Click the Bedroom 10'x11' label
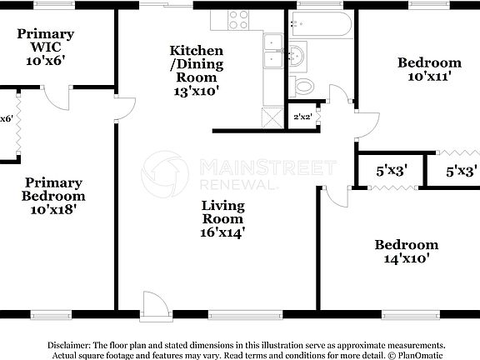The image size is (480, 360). click(x=428, y=70)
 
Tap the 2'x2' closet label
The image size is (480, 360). click(x=302, y=117)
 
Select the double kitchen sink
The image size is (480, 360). click(x=273, y=52)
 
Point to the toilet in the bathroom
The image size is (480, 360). click(x=305, y=84)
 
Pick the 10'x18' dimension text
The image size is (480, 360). click(x=52, y=211)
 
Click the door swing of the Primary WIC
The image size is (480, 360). click(x=57, y=98)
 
